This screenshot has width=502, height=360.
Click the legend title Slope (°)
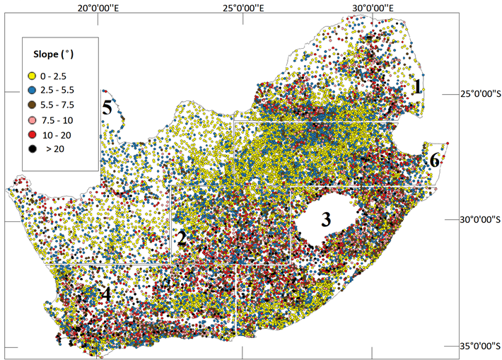(x=56, y=54)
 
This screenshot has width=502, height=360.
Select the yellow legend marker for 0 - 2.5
(x=32, y=75)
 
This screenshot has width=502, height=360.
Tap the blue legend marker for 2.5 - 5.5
(x=32, y=90)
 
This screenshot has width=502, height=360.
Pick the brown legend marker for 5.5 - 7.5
(x=32, y=105)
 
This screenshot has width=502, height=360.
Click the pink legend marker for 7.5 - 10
(x=32, y=120)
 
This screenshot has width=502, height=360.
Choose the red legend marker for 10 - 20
(x=32, y=134)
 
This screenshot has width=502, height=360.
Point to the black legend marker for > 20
(x=32, y=149)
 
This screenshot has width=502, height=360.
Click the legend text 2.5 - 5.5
(x=61, y=90)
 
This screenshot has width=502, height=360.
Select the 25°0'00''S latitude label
(x=475, y=93)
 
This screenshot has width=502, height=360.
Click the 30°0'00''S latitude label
(x=475, y=220)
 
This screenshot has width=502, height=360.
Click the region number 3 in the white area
(x=326, y=219)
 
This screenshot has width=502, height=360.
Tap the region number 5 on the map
(x=107, y=108)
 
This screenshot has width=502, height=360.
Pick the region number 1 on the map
(x=418, y=87)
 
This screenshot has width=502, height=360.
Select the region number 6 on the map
(x=434, y=161)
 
